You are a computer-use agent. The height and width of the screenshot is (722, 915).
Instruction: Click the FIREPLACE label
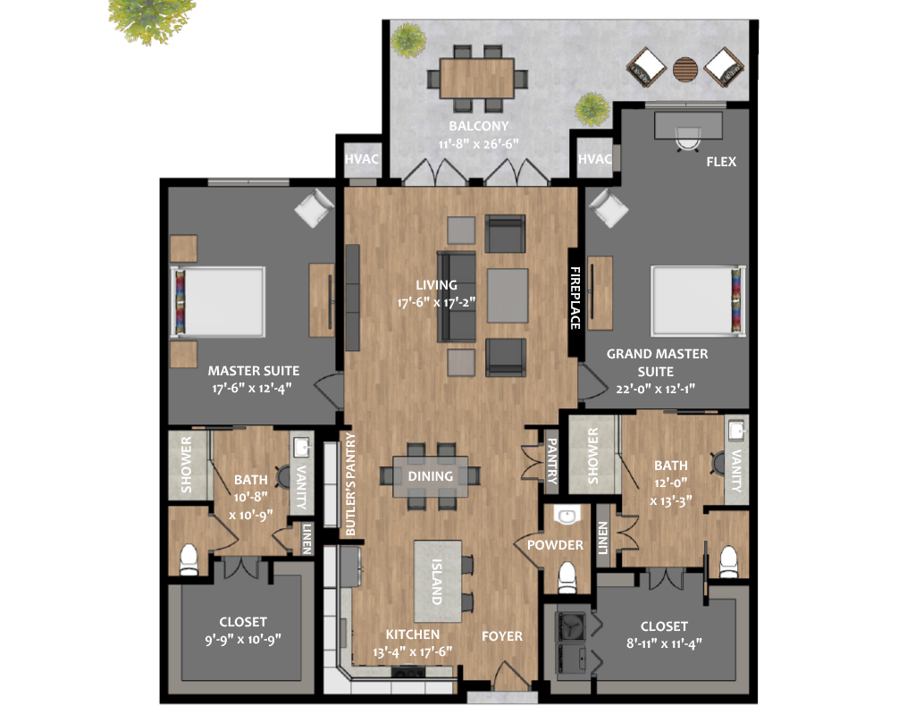575,298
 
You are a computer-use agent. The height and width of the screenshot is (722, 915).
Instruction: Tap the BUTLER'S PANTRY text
350,483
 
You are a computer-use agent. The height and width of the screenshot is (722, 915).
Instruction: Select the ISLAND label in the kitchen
436,582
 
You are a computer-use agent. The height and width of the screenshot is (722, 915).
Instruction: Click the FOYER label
502,636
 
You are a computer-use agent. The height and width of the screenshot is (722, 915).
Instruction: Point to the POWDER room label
555,545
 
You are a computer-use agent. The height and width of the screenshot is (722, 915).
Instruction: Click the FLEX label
721,162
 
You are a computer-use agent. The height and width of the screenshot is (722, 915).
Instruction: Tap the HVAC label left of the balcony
361,159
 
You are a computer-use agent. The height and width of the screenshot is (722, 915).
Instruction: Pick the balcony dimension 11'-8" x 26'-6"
479,144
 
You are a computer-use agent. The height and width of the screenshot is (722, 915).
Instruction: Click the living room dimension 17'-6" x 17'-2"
436,302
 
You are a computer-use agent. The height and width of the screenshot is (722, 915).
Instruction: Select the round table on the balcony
685,69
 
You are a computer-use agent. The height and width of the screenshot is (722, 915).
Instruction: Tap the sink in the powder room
566,516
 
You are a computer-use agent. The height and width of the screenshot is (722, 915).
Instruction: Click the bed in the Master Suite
218,302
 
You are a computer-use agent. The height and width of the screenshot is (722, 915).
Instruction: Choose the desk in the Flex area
689,125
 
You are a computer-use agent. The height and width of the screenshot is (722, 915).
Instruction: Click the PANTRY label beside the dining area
551,461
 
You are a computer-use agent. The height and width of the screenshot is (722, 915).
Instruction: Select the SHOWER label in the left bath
186,465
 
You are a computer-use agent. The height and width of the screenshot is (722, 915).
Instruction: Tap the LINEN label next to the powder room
603,538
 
